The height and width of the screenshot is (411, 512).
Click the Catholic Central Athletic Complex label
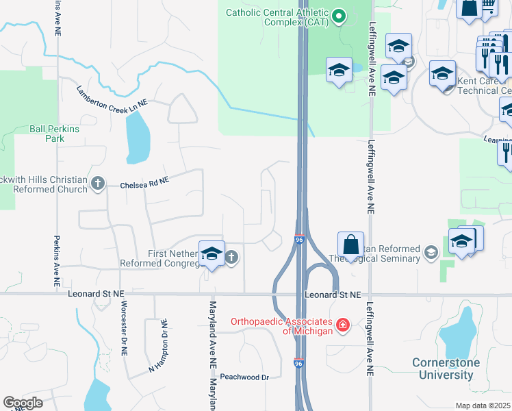click(277, 17)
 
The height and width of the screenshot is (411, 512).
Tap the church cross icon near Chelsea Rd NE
click(98, 183)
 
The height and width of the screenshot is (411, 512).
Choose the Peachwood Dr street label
click(245, 377)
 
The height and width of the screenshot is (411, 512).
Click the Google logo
click(23, 403)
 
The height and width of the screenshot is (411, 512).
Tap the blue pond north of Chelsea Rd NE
click(137, 136)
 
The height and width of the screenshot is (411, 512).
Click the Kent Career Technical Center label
click(483, 85)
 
